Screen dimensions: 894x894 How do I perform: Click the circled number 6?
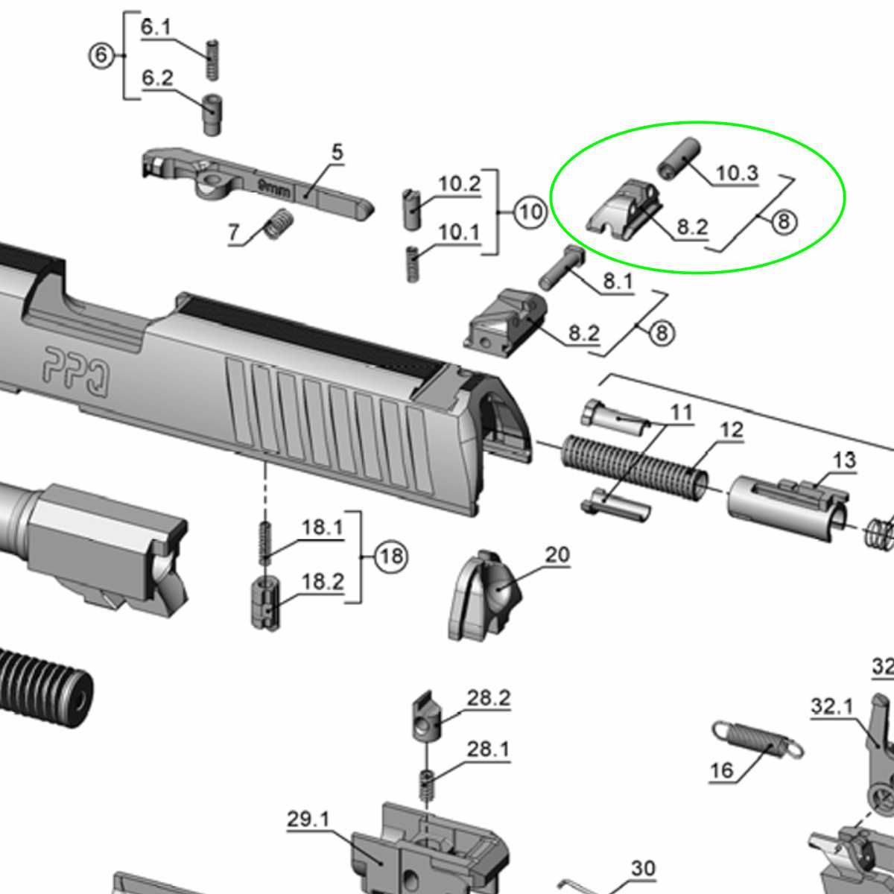[101, 56]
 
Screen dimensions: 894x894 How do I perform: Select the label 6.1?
[156, 28]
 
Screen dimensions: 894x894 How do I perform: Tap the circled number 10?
[530, 212]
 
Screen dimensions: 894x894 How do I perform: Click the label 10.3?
[738, 173]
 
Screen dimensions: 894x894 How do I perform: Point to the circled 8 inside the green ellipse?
[784, 222]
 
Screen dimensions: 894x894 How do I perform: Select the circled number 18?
[391, 557]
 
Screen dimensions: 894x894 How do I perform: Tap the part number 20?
[557, 555]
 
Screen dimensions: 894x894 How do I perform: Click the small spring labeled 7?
[279, 223]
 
